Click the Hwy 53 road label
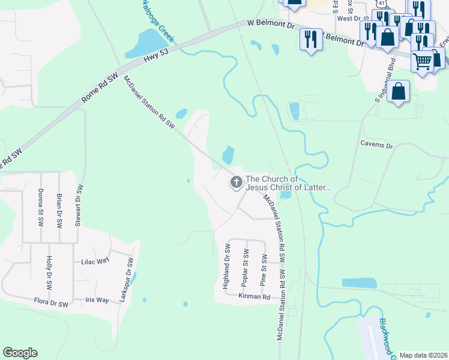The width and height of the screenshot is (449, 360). click(x=157, y=58)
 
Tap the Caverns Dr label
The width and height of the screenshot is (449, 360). click(x=376, y=145)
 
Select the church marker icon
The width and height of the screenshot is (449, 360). click(x=237, y=182)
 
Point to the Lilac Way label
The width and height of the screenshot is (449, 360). click(x=95, y=262)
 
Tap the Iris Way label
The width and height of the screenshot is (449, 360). click(x=97, y=299)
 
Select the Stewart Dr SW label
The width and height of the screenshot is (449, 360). click(x=78, y=205)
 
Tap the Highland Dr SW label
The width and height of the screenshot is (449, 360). click(x=228, y=266)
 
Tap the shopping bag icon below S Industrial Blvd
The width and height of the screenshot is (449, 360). click(x=398, y=92)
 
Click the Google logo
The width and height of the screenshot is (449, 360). click(x=20, y=353)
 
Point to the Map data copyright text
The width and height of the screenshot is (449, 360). click(x=424, y=355)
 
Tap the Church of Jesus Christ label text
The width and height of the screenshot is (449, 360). click(x=288, y=183)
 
